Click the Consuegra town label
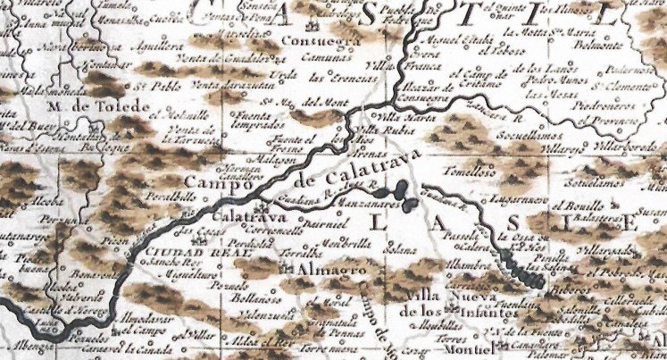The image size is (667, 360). pos(320,41)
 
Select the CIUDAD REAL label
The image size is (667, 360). pos(180,253)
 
